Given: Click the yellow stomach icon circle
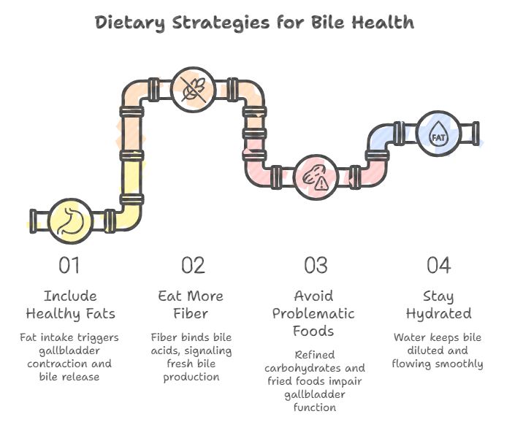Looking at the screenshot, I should (71, 220).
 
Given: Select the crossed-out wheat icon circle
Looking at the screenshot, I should (193, 89).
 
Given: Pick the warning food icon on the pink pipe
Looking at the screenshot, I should (316, 177).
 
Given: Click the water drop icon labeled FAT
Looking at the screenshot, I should (438, 134).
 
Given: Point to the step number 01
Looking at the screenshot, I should (70, 265).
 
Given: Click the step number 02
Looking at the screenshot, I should (193, 265).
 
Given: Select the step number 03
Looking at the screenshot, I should (316, 265).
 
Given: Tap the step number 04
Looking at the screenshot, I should (438, 265).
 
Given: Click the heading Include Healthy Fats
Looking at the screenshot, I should (70, 305).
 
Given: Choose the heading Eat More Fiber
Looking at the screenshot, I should (193, 305).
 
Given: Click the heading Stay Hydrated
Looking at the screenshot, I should (438, 305).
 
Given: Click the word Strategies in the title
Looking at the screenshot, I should (221, 23).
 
